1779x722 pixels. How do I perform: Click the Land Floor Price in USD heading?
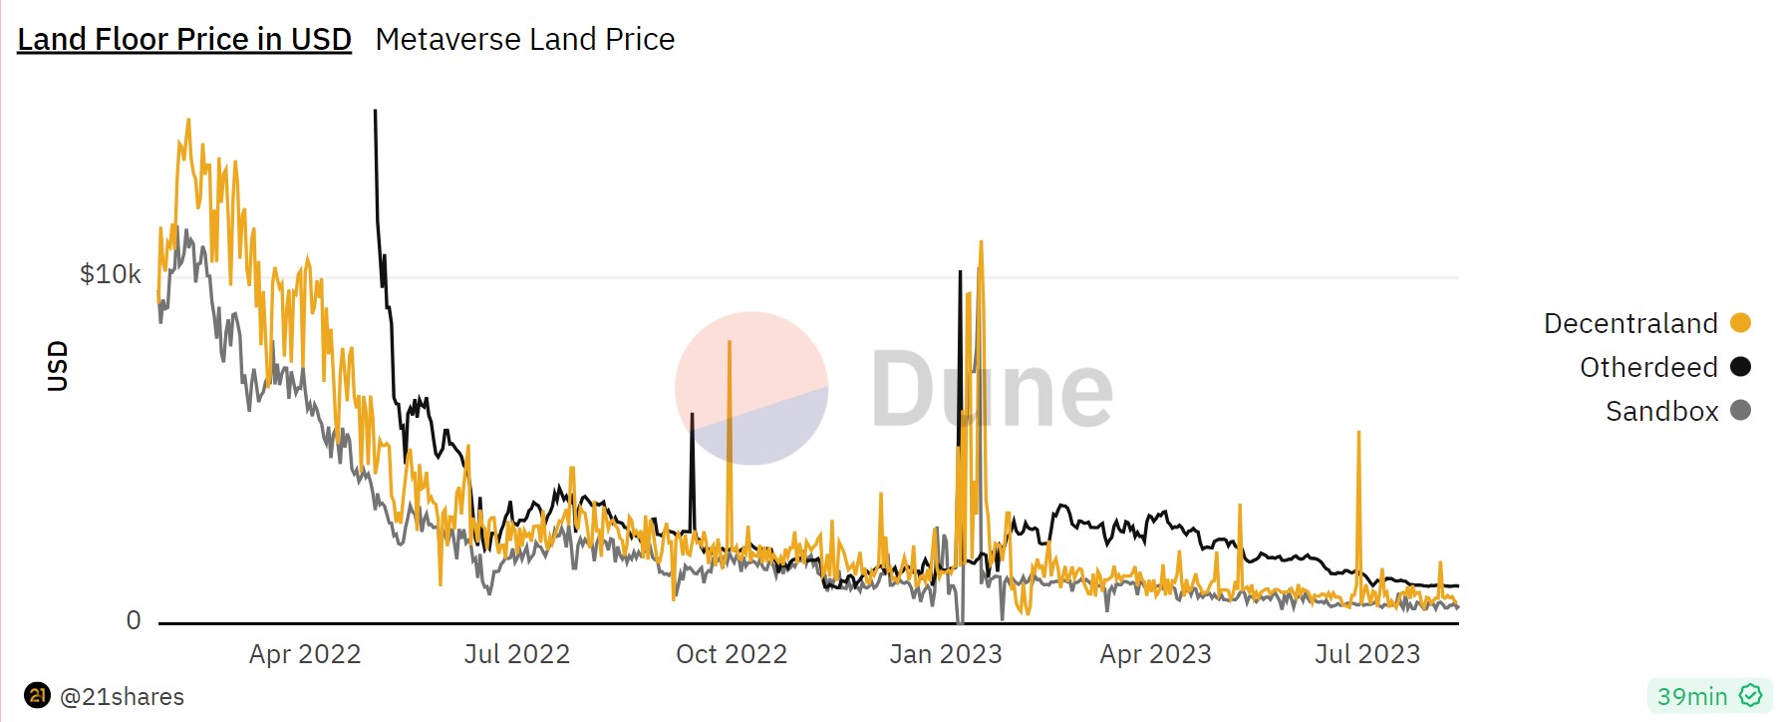click(x=184, y=39)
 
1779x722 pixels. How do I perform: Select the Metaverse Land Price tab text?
click(x=525, y=39)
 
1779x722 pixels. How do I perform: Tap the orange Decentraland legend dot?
click(x=1741, y=322)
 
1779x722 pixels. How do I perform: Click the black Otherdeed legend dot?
click(x=1741, y=366)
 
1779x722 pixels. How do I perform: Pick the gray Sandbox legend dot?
click(x=1741, y=410)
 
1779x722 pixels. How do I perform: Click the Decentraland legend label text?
click(x=1631, y=323)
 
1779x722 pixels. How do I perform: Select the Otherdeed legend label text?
click(x=1648, y=367)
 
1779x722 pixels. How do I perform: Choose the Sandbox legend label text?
click(x=1661, y=411)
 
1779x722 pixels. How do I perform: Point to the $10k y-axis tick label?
click(x=111, y=274)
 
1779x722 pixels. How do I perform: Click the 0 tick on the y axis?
click(x=134, y=620)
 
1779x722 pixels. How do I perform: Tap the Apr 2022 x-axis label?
click(x=305, y=654)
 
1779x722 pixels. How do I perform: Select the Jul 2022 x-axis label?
click(x=517, y=654)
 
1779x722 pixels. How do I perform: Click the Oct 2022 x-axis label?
click(x=732, y=654)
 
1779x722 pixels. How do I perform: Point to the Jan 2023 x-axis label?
click(x=946, y=654)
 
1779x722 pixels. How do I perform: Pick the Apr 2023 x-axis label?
click(x=1156, y=654)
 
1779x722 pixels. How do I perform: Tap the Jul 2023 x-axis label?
click(x=1367, y=654)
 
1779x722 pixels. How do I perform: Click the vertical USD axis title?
click(x=58, y=365)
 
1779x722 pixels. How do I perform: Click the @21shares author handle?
click(x=122, y=696)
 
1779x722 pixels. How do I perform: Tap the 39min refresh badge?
click(x=1708, y=696)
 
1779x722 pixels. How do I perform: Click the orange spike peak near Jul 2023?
click(x=1358, y=433)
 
